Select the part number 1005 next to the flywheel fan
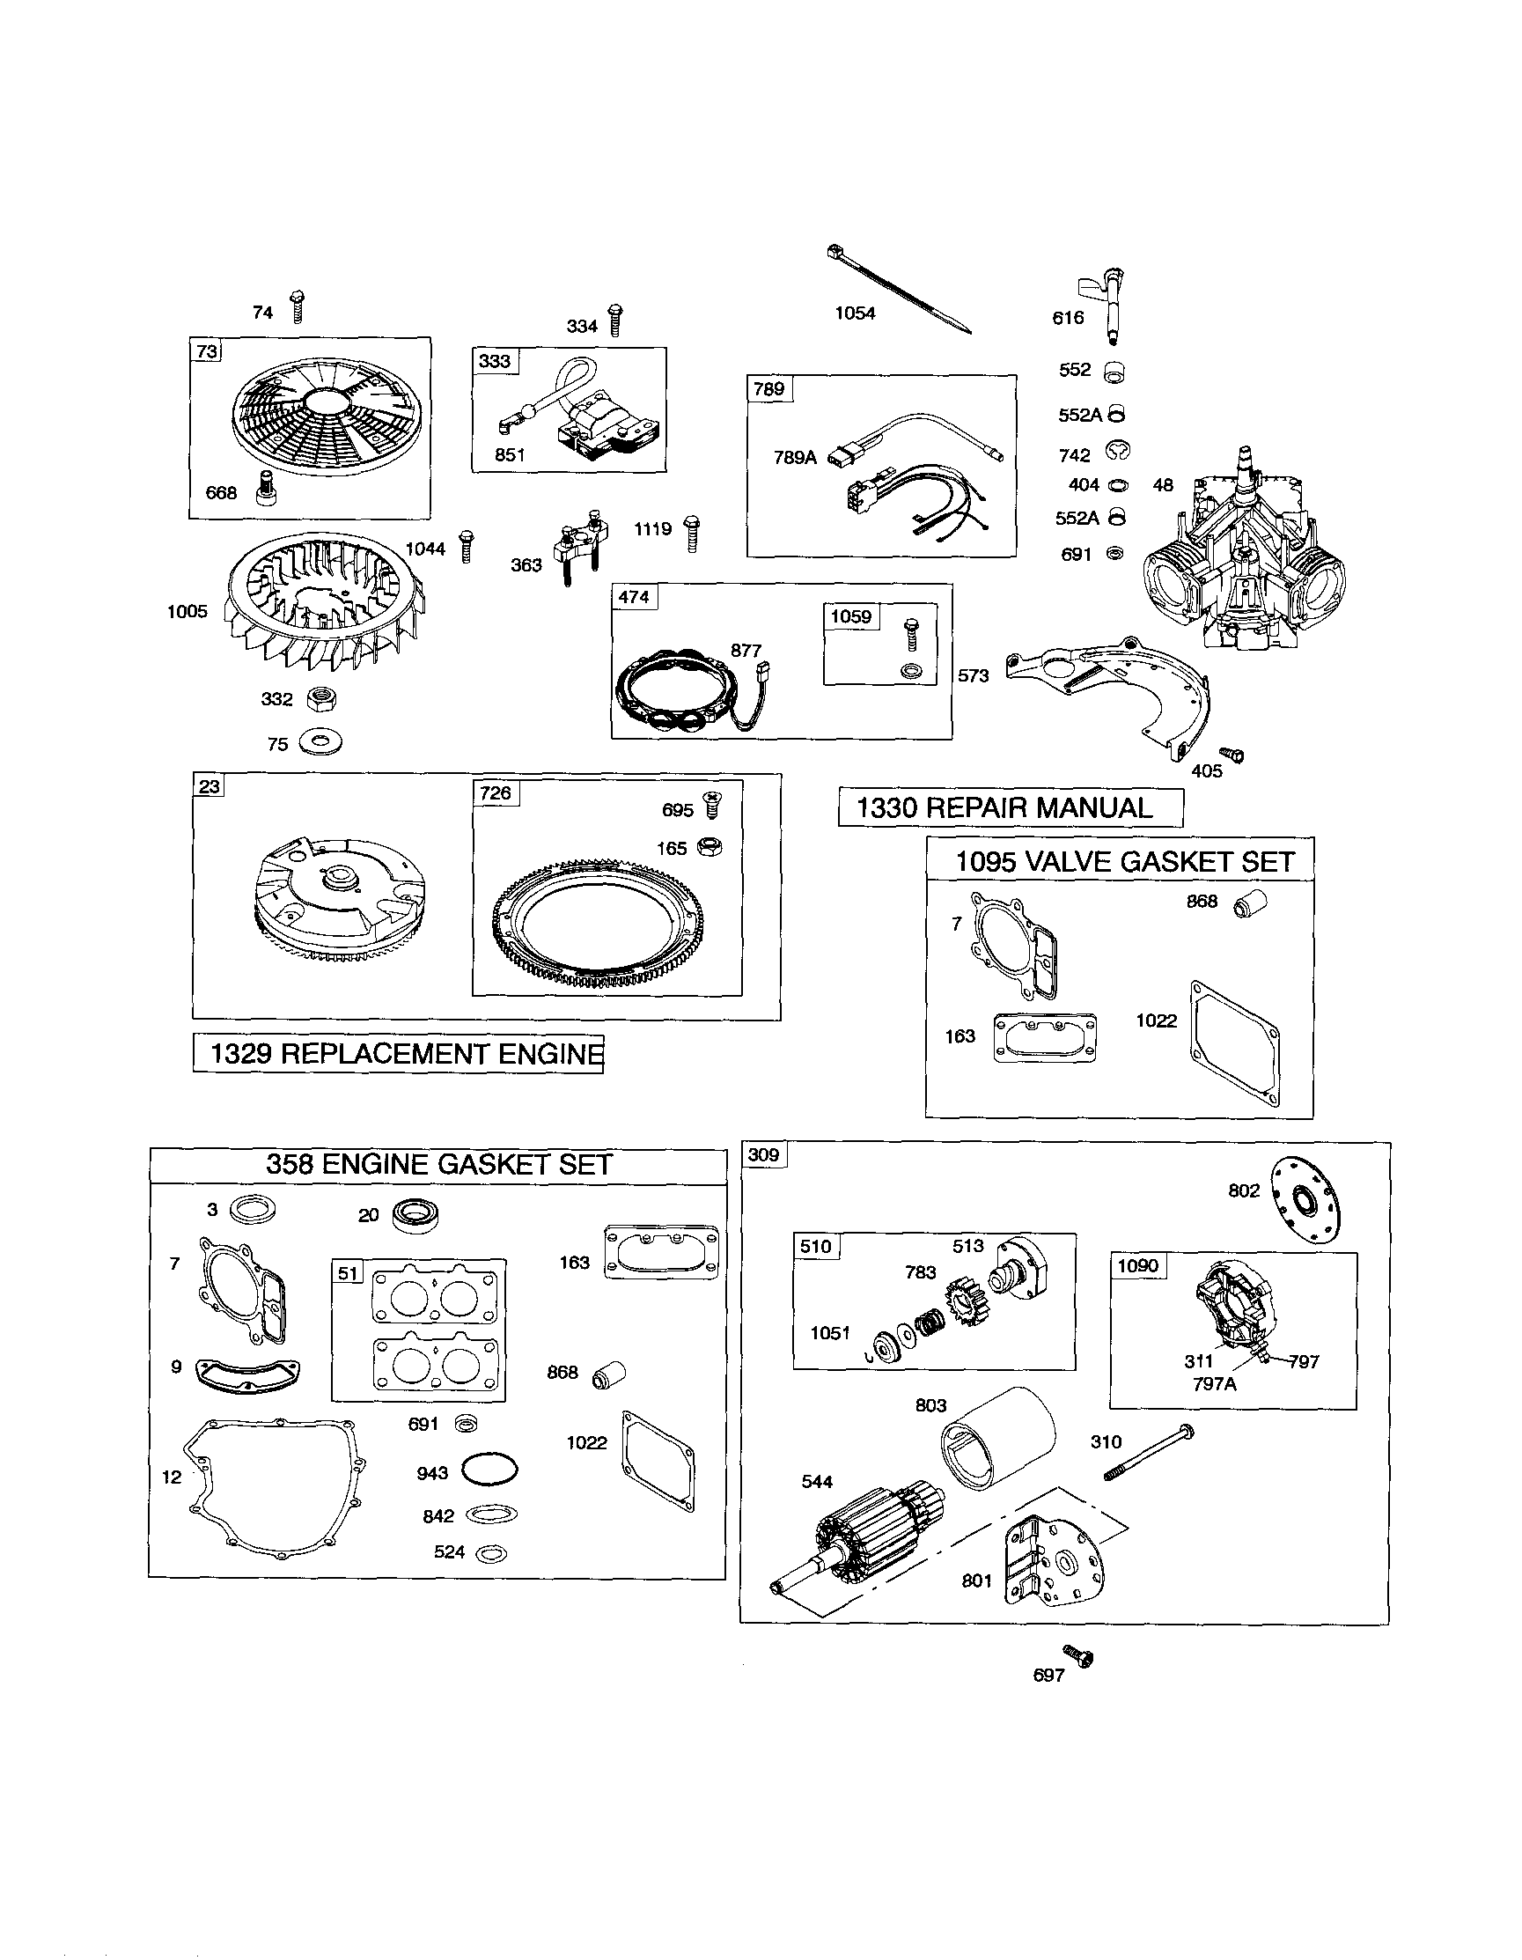coord(187,612)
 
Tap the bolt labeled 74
coord(298,307)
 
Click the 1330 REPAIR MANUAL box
coord(1010,807)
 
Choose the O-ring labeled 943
coord(490,1471)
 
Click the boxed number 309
coord(764,1155)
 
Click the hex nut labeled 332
coord(322,697)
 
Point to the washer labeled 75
coord(320,742)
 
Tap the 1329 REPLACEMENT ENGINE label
coord(399,1054)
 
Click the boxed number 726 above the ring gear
coord(496,793)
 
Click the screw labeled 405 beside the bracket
coord(1233,755)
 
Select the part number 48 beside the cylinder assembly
coord(1162,485)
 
